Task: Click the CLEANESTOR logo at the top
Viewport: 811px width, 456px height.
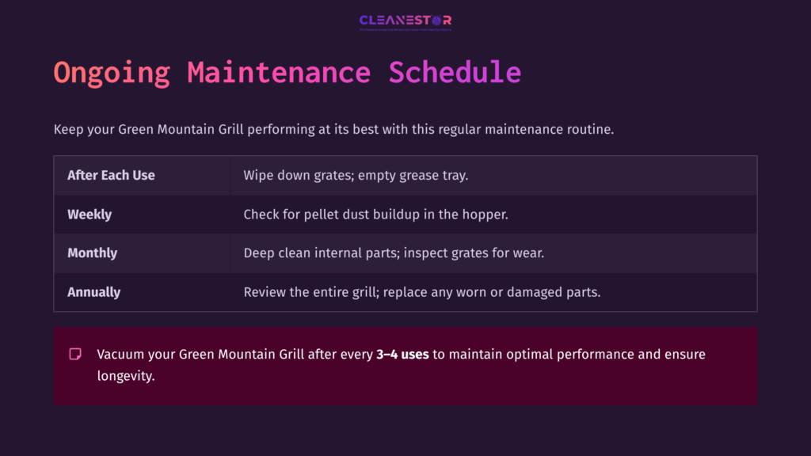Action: point(405,21)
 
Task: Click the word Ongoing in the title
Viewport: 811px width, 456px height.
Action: point(112,73)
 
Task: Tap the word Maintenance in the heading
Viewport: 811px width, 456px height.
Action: point(279,73)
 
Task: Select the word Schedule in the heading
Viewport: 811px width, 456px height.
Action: point(455,73)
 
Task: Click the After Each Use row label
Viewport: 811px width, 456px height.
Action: point(111,175)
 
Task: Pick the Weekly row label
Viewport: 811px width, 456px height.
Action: point(89,214)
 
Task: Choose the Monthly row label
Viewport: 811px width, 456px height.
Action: point(92,253)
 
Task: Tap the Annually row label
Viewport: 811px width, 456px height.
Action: point(93,292)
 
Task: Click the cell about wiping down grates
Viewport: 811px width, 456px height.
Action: point(356,175)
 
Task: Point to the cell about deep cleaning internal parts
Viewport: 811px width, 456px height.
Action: point(394,253)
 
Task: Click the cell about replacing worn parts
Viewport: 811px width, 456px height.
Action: point(422,292)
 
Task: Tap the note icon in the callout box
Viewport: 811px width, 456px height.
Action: point(75,354)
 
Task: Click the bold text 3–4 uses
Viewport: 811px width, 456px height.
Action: point(402,355)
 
